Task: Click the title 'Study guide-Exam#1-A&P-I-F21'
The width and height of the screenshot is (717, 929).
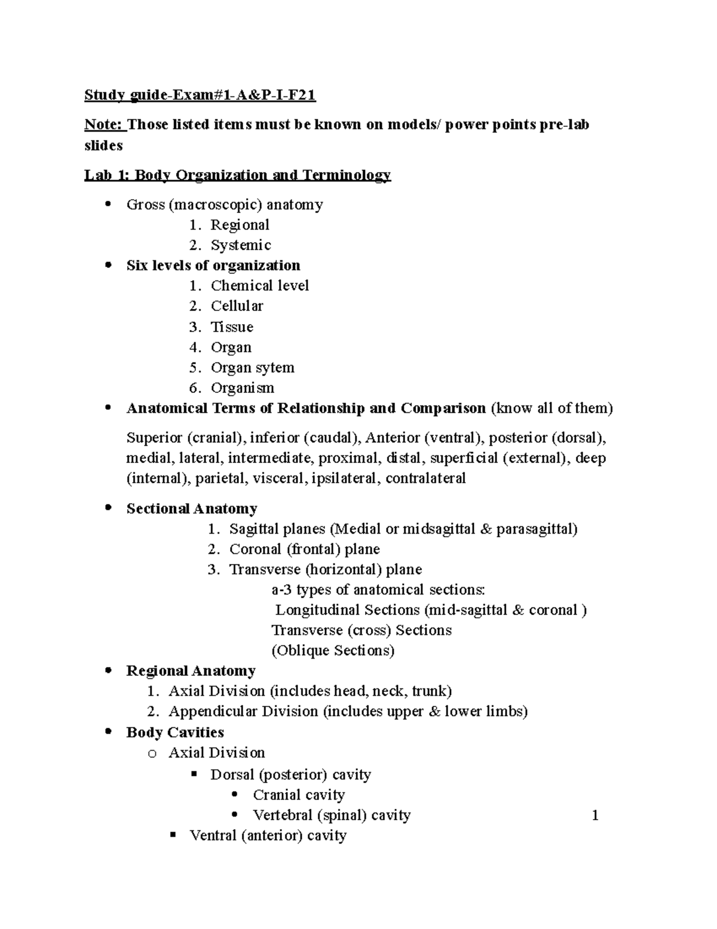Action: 200,95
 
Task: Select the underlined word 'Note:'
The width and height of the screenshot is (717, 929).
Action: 105,124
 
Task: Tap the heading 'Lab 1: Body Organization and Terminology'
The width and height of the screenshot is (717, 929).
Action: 237,175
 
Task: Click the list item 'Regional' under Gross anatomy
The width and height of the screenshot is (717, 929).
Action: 240,225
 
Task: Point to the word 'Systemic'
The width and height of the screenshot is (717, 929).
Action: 241,245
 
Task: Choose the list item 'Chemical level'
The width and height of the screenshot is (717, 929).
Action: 259,285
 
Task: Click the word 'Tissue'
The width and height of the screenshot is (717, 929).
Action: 232,327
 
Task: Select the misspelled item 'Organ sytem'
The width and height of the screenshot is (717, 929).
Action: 252,367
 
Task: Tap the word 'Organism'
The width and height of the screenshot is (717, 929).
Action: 242,388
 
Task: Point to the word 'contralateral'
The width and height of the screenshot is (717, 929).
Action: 425,478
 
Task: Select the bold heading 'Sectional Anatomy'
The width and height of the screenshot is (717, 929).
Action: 192,508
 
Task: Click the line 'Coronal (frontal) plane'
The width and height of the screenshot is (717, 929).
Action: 304,549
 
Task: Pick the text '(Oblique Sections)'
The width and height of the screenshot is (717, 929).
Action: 333,650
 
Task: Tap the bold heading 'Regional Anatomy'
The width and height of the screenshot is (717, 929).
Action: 191,671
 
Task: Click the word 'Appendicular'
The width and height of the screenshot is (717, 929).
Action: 213,711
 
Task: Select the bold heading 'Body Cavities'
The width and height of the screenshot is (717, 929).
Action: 175,732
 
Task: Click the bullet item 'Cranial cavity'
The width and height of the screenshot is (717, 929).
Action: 299,795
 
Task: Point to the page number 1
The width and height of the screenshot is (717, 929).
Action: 595,815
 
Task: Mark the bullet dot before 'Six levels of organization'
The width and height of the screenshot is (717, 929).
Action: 108,265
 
